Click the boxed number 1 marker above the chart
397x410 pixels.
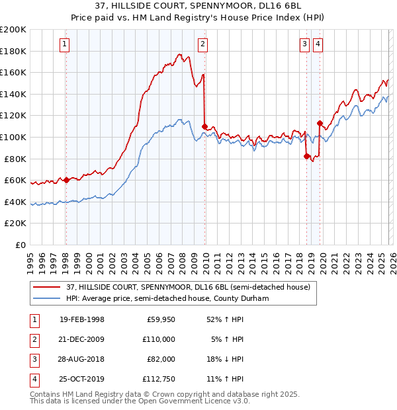point(65,44)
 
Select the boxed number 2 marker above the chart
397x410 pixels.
point(202,44)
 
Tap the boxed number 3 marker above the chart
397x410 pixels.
point(304,44)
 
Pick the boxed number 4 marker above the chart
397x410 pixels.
point(318,44)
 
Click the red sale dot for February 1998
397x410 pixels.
point(66,180)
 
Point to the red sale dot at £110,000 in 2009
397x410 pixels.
point(204,126)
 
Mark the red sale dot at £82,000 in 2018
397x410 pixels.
point(306,156)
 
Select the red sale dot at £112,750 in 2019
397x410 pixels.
point(320,123)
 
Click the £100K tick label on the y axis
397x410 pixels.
point(13,137)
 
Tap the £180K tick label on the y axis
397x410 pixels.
point(13,51)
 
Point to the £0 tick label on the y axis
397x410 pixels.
point(19,245)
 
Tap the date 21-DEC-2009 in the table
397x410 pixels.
point(82,339)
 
